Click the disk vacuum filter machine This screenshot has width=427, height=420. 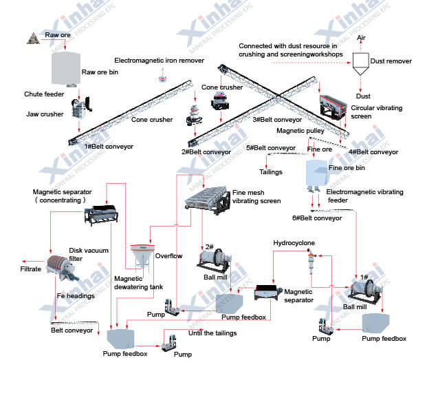point(62,268)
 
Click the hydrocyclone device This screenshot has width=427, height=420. point(309,260)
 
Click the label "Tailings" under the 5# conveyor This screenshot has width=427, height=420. point(271,172)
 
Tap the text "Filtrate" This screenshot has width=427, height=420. point(31,269)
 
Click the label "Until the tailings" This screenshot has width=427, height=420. point(212,333)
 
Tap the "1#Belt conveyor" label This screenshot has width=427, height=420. point(111,147)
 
